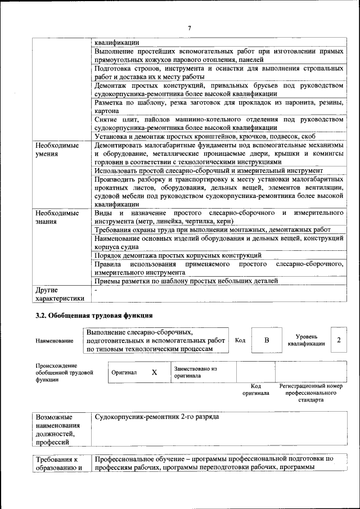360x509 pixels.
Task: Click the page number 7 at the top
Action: coord(190,28)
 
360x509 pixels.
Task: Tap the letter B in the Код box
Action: coord(267,340)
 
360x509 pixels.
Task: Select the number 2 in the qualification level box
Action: coord(339,340)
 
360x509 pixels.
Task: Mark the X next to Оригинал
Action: coord(154,372)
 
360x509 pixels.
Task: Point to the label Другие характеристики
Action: coord(60,294)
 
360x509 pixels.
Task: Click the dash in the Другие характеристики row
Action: coord(96,290)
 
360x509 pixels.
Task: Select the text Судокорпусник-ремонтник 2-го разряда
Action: coord(157,417)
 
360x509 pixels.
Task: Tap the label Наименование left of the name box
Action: coord(55,341)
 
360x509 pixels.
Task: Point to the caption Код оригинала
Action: coord(256,389)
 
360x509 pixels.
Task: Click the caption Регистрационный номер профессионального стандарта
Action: coord(310,393)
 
